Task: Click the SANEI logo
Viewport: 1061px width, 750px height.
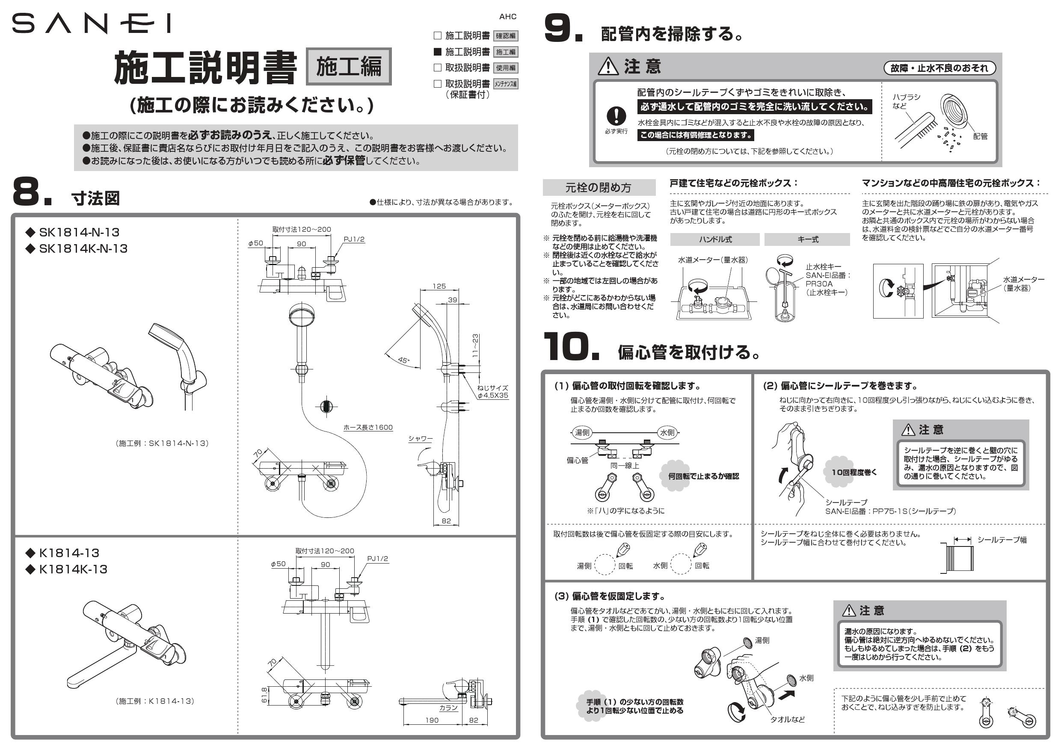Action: click(91, 24)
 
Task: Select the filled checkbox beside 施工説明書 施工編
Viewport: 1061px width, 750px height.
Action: click(437, 51)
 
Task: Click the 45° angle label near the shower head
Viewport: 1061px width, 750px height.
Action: click(403, 360)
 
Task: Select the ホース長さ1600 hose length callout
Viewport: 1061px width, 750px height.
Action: click(368, 428)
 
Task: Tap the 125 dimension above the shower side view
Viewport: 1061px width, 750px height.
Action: click(439, 286)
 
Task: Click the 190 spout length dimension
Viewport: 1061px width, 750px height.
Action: click(432, 720)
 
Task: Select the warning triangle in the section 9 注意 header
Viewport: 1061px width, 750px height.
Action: click(608, 67)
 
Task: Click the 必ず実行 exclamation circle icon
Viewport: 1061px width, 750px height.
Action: click(616, 116)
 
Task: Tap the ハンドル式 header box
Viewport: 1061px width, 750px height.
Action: click(714, 239)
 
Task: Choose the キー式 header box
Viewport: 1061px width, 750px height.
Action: click(808, 239)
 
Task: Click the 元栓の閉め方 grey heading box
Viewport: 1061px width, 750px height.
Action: click(599, 187)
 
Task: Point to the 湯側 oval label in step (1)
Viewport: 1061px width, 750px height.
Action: click(582, 433)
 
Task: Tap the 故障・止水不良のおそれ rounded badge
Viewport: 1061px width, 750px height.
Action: click(939, 68)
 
